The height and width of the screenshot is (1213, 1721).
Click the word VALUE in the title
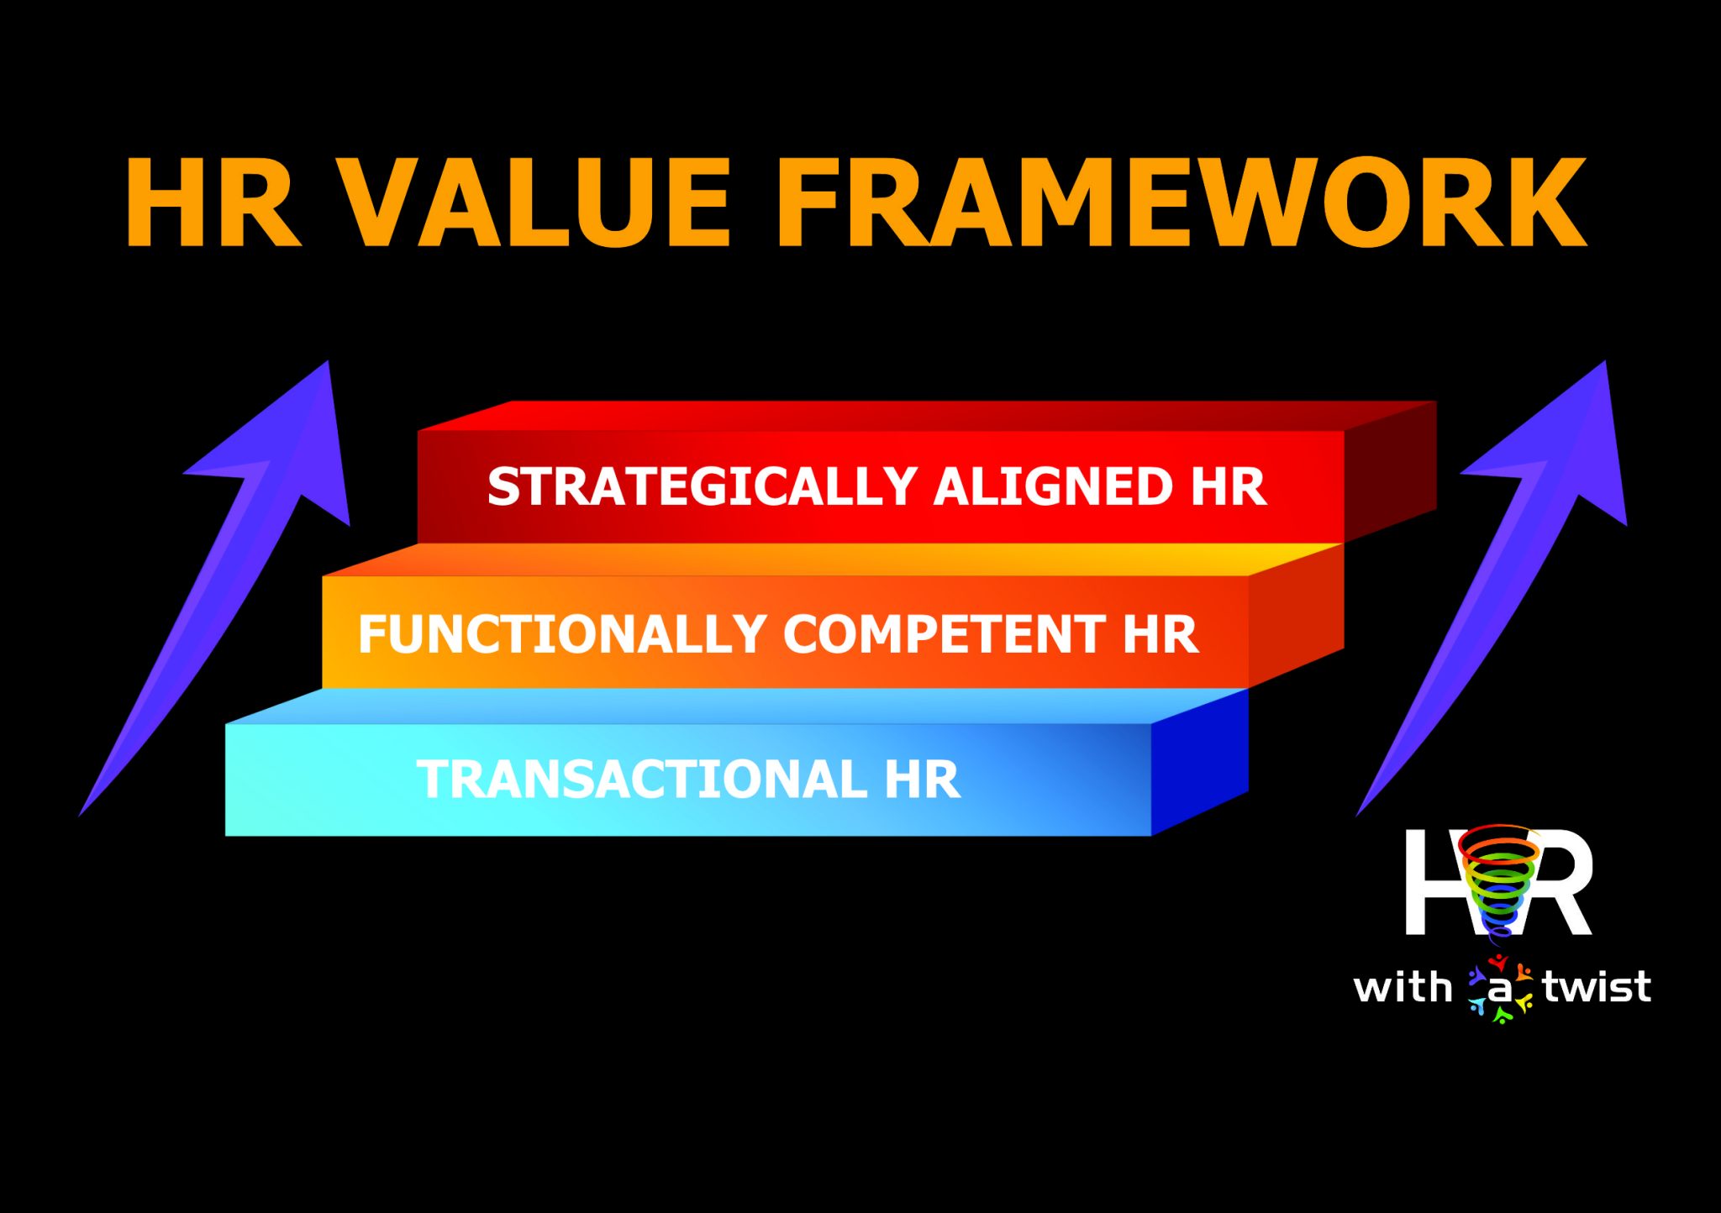coord(538,204)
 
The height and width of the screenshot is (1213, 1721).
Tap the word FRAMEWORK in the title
coord(1181,204)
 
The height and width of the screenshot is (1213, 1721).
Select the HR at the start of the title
coord(213,204)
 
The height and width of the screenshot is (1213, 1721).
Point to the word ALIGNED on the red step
coord(1052,487)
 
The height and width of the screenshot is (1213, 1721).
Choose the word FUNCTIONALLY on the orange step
coord(561,634)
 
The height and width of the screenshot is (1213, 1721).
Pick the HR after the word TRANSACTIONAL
coord(922,780)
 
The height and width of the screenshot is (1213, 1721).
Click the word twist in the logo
coord(1597,987)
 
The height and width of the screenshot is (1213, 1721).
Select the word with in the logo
coord(1403,987)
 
